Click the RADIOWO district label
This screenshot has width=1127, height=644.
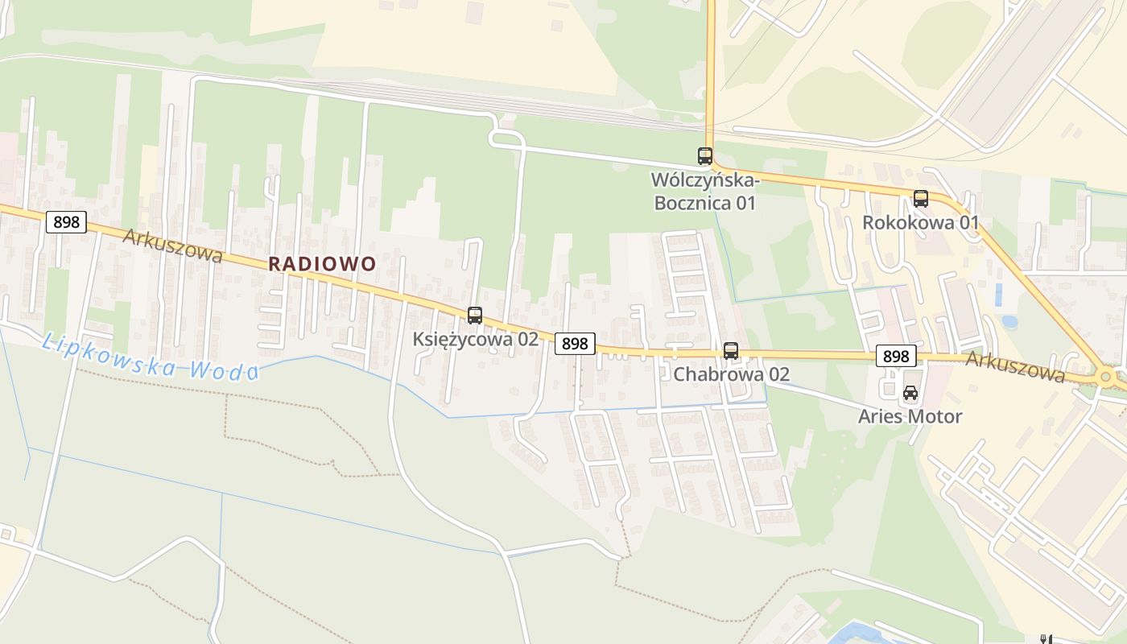click(322, 263)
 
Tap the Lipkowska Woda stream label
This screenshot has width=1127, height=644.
click(150, 357)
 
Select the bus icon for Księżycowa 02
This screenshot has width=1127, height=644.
click(475, 316)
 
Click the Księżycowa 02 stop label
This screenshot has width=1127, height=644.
click(475, 339)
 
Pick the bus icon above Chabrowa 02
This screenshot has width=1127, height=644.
click(731, 351)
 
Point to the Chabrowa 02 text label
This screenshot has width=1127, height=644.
click(731, 374)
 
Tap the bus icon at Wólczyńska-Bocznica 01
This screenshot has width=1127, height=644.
click(705, 156)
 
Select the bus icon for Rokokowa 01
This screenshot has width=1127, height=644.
click(921, 199)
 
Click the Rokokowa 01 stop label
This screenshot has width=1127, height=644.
click(921, 222)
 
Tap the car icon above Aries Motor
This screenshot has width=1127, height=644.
click(910, 394)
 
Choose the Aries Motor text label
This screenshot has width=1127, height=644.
click(910, 416)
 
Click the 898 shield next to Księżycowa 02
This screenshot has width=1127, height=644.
click(575, 344)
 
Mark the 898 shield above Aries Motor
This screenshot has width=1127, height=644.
click(896, 356)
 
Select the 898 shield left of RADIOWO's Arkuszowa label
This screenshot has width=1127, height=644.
click(66, 222)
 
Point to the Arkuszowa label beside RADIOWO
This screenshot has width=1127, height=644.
click(172, 245)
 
